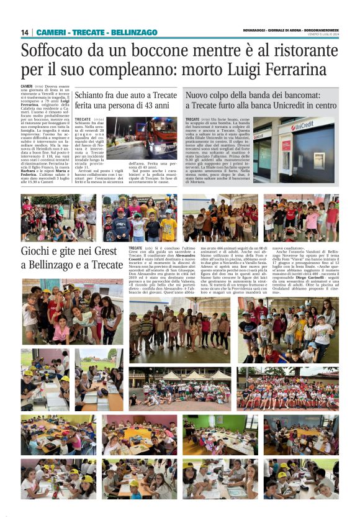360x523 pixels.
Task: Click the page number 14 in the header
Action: tap(25, 32)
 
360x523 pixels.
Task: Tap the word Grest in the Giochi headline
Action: tap(106, 252)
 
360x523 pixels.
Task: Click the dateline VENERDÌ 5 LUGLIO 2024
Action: tap(323, 35)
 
